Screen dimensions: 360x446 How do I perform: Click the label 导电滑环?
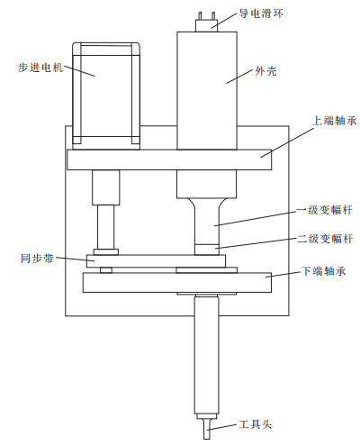261,14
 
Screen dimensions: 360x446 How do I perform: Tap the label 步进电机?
40,68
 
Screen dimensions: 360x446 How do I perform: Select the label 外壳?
265,71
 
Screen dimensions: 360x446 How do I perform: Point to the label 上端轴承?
335,121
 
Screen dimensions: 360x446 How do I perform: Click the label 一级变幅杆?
325,210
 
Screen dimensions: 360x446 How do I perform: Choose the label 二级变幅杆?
325,239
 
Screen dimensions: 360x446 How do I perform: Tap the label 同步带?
37,259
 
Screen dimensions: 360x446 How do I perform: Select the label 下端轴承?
324,271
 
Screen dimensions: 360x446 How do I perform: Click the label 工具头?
256,424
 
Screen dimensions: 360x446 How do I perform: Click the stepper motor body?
106,96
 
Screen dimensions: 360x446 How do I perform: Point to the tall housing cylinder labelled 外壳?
207,91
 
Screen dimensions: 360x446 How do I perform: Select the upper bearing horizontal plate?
169,159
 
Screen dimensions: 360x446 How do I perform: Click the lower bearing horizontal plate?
177,282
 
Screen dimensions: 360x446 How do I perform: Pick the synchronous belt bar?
156,261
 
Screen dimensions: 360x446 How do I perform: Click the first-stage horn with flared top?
206,222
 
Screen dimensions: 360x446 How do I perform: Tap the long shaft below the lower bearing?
206,355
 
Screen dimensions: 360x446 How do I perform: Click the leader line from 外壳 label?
239,77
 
